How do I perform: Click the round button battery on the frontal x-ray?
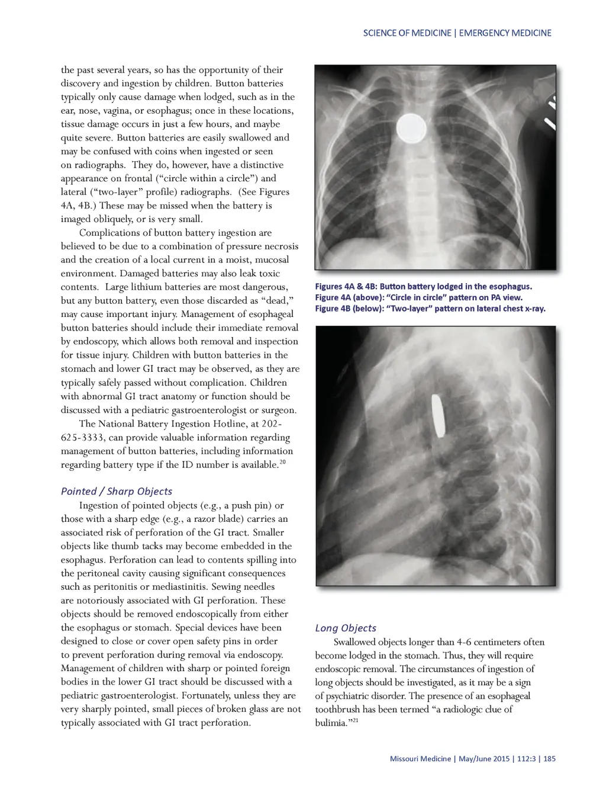pyautogui.click(x=411, y=127)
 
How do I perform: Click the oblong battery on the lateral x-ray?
pyautogui.click(x=438, y=415)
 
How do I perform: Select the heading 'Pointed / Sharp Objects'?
pyautogui.click(x=117, y=491)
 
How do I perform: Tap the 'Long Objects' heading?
pyautogui.click(x=346, y=628)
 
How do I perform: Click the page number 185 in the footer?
pyautogui.click(x=549, y=759)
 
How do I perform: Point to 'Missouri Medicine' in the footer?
pyautogui.click(x=420, y=759)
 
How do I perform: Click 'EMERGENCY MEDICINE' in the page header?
pyautogui.click(x=505, y=33)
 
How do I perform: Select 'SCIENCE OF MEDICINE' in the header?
pyautogui.click(x=407, y=33)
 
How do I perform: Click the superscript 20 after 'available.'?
pyautogui.click(x=282, y=462)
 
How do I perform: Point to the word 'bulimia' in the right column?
pyautogui.click(x=330, y=723)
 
